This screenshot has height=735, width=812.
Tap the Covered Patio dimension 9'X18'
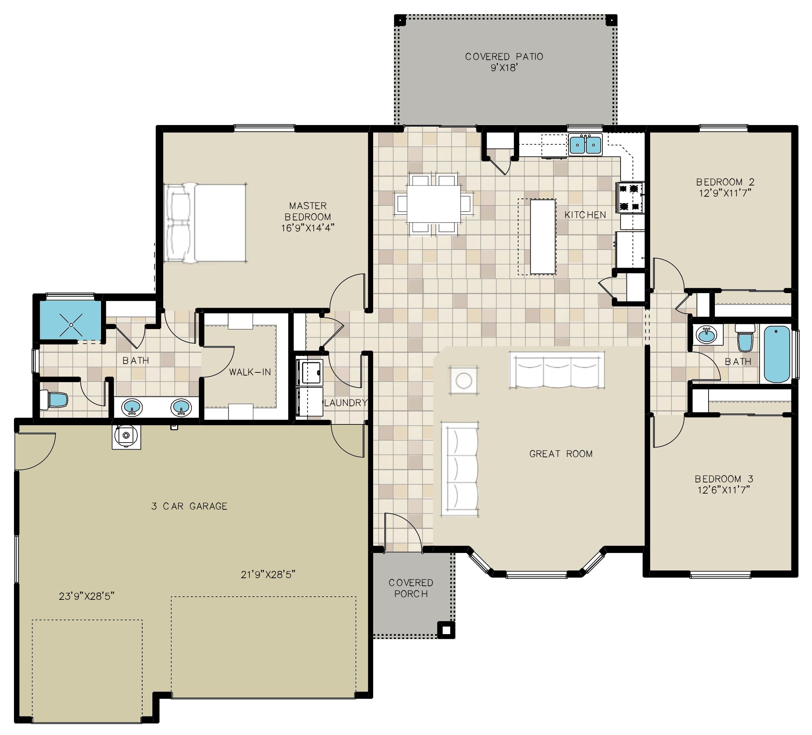[504, 68]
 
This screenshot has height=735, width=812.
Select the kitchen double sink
[585, 145]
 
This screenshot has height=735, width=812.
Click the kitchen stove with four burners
[630, 197]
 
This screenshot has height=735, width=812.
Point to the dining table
[434, 203]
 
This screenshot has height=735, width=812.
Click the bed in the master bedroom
[205, 223]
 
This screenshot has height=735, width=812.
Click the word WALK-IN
[250, 372]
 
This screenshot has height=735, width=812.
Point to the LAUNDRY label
[346, 402]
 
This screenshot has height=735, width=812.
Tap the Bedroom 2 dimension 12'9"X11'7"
[725, 193]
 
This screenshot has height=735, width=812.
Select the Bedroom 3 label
[724, 479]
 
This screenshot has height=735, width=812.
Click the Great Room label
[561, 454]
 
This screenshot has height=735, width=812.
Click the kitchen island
[543, 237]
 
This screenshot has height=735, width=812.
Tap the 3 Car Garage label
[189, 506]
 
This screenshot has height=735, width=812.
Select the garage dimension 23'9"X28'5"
[87, 596]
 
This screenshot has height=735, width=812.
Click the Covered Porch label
[411, 588]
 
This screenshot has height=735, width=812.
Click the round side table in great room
[464, 380]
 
